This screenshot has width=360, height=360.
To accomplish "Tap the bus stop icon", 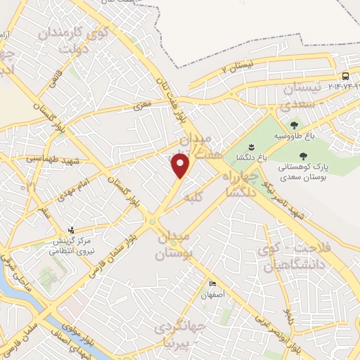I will click(345, 76).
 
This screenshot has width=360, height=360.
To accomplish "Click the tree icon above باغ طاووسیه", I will click(294, 125).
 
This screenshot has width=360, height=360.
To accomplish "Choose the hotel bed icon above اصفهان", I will click(212, 283).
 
